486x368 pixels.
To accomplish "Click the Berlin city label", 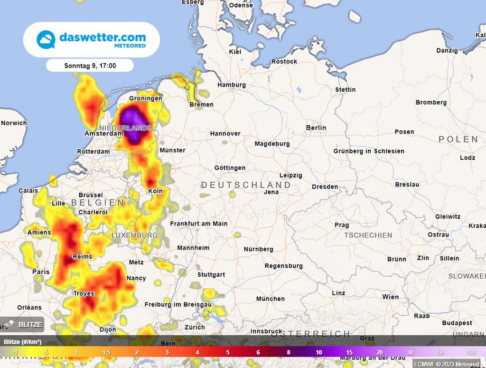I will tap(316, 127).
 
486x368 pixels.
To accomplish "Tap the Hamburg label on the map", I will tap(232, 85).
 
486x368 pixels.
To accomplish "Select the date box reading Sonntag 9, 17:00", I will tap(90, 66).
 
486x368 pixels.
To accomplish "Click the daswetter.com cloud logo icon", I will tap(46, 39).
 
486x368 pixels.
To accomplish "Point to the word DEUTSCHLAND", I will tap(246, 184).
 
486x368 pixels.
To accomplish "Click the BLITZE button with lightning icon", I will tap(22, 325).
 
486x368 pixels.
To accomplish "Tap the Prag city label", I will tap(342, 225).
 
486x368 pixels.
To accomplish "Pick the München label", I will tap(271, 299).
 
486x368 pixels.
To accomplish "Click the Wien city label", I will tap(391, 297).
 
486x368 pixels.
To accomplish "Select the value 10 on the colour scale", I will tap(319, 352).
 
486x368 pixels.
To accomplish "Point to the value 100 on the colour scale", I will tap(471, 352).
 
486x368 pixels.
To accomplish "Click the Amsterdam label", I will tap(104, 134).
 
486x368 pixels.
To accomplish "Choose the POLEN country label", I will tap(458, 139).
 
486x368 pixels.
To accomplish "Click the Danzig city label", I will tap(447, 50).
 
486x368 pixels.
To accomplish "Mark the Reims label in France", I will tap(82, 256).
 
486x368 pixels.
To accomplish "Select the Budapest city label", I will tap(457, 323).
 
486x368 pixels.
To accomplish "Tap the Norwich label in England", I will tap(14, 123).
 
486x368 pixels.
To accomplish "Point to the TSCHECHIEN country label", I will tap(368, 235).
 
